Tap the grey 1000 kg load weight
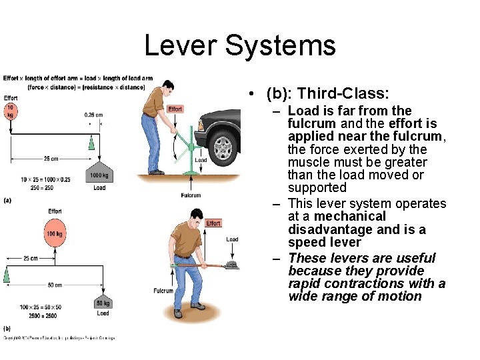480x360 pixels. click(x=99, y=173)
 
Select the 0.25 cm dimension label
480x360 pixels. click(x=93, y=115)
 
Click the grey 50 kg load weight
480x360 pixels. click(x=103, y=303)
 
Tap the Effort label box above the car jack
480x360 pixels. click(x=175, y=109)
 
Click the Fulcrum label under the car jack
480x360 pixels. click(x=191, y=195)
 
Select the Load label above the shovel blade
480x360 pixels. click(x=232, y=239)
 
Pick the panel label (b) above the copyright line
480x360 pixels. click(x=7, y=328)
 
